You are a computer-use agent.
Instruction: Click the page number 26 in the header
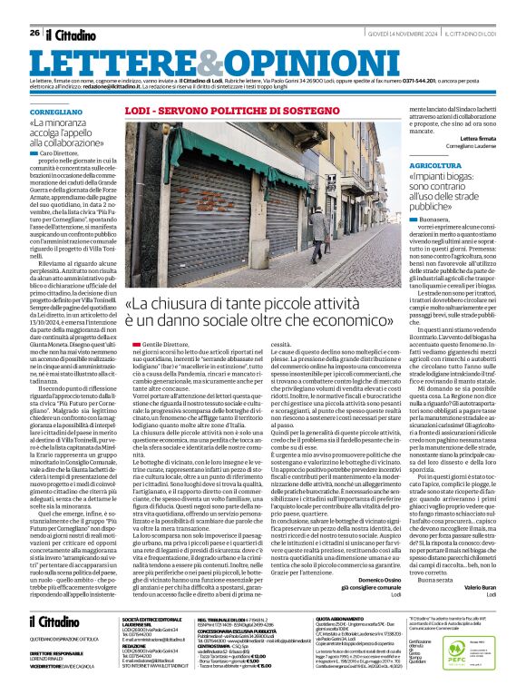(x=34, y=34)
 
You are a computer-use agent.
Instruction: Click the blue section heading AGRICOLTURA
(x=409, y=167)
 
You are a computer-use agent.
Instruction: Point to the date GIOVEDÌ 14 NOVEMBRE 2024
(x=386, y=34)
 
